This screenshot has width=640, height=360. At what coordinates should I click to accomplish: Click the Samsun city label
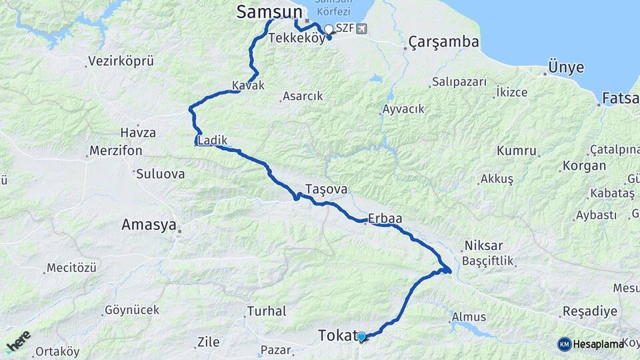tap(268, 12)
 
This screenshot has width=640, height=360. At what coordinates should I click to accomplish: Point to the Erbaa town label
tap(387, 218)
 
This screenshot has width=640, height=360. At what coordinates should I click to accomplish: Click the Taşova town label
tap(326, 189)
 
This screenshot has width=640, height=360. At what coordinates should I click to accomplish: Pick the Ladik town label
tap(213, 141)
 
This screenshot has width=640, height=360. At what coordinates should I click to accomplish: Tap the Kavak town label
tap(248, 85)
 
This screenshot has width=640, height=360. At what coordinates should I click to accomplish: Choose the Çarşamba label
tap(443, 42)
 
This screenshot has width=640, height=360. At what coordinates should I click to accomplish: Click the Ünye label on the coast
tap(565, 67)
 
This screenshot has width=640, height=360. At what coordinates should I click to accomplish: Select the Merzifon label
tap(116, 151)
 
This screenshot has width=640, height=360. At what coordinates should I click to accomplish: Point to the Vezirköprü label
tap(121, 61)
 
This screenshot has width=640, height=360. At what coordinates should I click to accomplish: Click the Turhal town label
tap(267, 311)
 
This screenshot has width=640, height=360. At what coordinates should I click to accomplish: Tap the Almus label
tap(469, 317)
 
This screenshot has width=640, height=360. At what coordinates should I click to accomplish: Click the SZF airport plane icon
tap(361, 28)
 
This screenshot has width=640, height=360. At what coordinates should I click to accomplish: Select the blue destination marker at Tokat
tap(361, 337)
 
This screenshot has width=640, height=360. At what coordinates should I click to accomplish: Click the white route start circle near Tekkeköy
tap(328, 29)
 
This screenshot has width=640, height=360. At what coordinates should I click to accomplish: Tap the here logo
tap(18, 342)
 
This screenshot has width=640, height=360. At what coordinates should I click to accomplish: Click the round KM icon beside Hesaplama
tap(564, 344)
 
